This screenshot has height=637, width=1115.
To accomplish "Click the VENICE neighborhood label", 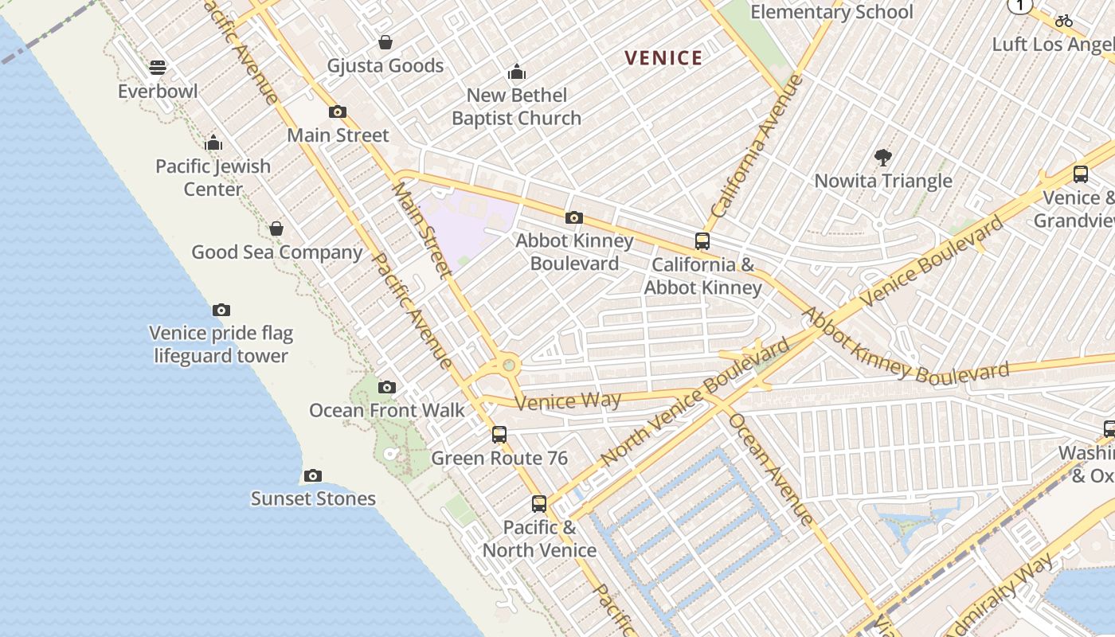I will click(x=663, y=58).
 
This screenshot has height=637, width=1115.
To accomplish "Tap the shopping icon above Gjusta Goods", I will click(x=385, y=42).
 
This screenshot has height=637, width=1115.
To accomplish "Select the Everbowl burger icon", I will click(x=158, y=67).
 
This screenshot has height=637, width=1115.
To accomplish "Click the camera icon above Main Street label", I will click(x=338, y=111).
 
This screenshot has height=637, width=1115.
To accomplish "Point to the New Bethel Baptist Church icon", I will click(x=517, y=72).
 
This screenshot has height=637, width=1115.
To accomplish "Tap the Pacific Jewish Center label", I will click(x=213, y=178).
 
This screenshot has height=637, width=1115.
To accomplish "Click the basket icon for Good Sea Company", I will click(x=276, y=229).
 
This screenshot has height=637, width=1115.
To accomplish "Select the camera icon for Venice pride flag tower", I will click(x=221, y=310).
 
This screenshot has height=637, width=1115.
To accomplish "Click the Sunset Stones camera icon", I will click(x=313, y=475).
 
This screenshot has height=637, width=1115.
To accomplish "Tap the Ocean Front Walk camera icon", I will click(x=387, y=387).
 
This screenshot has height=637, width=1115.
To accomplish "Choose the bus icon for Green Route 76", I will click(x=499, y=435).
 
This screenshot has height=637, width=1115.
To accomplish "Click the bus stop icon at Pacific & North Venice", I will click(x=539, y=504).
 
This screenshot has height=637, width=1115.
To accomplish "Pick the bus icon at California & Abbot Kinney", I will click(x=702, y=240).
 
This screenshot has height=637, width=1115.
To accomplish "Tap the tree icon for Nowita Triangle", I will click(x=882, y=158).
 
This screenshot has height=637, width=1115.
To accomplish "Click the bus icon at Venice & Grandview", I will click(x=1081, y=174).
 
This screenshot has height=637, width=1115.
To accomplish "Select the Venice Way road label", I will click(x=568, y=401).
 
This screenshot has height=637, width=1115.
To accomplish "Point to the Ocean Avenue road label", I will click(x=771, y=470).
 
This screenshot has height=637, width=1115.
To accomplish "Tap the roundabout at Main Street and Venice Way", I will click(x=508, y=366).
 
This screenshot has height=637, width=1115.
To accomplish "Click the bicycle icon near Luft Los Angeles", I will click(x=1064, y=21).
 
